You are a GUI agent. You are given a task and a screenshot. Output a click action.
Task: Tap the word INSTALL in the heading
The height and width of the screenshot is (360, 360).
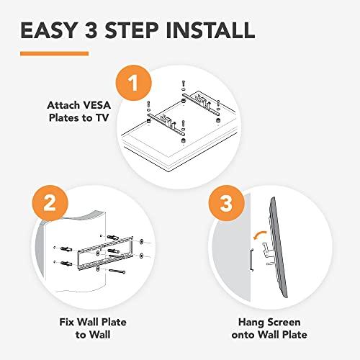click(208, 30)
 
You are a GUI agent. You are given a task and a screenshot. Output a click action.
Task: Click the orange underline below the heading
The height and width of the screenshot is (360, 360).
click(54, 53)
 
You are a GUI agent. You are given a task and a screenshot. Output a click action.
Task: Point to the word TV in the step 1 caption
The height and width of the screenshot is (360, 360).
click(110, 119)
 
